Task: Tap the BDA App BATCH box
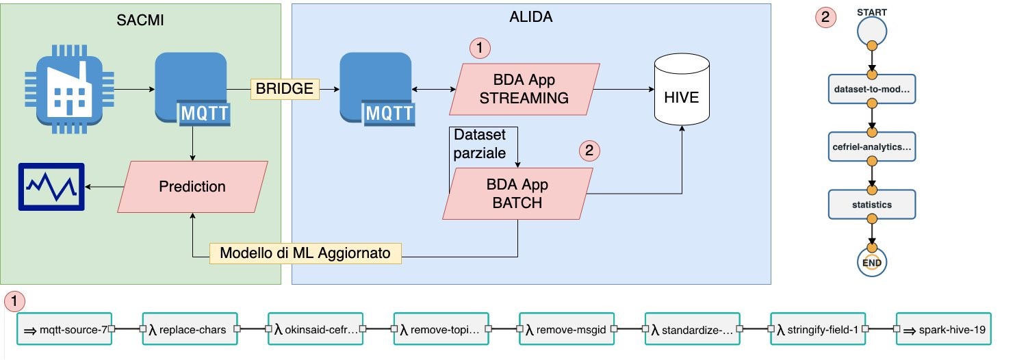pos(517,194)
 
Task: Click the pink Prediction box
pos(192,186)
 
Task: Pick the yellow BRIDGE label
pos(284,88)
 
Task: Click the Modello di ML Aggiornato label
pos(305,253)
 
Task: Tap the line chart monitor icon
pos(52,186)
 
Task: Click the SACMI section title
pos(141,21)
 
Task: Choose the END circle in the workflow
pos(871,260)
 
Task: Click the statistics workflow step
pos(871,204)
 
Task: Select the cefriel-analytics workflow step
pos(871,146)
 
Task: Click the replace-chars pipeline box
pos(190,330)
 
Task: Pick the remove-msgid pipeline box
pos(566,330)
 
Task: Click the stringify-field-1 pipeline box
pos(817,330)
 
